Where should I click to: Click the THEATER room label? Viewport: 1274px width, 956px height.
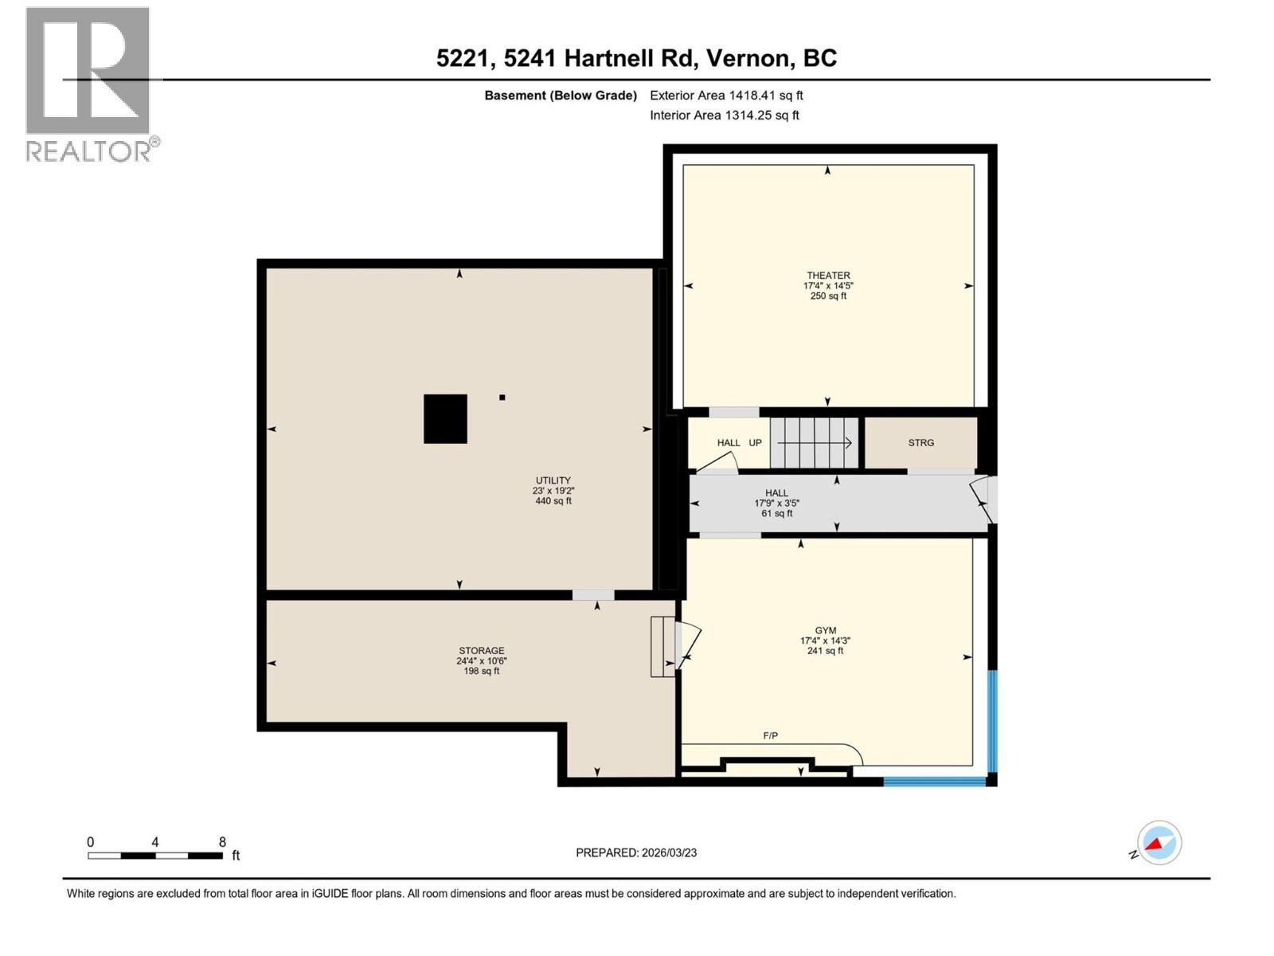tap(828, 276)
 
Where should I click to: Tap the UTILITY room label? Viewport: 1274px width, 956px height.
tap(553, 480)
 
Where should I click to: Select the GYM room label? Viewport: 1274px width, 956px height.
tap(826, 630)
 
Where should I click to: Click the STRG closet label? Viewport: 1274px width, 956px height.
tap(920, 443)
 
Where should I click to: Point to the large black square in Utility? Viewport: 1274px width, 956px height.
tap(445, 419)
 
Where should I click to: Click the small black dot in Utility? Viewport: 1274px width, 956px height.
tap(502, 398)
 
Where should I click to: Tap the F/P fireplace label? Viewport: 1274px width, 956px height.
tap(770, 736)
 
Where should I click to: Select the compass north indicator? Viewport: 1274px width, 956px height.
tap(1159, 843)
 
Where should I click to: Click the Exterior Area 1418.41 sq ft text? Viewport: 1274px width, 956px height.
tap(726, 96)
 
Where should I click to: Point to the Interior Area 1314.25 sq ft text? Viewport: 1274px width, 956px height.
tap(724, 116)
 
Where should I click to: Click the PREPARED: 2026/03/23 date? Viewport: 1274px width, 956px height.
tap(636, 852)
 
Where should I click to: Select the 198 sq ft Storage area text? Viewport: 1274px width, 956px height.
tap(481, 672)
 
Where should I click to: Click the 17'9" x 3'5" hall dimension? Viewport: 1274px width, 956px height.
tap(776, 503)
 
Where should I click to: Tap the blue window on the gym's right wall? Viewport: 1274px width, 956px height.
tap(992, 721)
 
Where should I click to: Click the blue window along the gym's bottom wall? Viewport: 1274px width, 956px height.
tap(935, 782)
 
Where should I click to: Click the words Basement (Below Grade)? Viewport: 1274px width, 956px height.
tap(561, 96)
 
